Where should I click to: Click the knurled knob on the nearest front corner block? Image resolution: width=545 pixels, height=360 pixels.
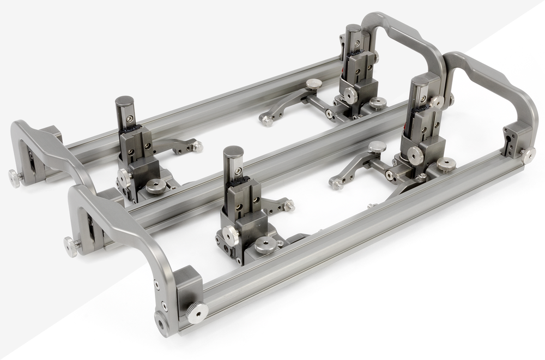[x=197, y=311]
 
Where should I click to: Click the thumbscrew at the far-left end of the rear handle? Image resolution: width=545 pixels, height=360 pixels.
[x=14, y=178]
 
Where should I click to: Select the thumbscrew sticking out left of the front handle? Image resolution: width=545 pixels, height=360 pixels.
[x=71, y=247]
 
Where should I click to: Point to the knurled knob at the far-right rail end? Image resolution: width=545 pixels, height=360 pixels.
[x=528, y=155]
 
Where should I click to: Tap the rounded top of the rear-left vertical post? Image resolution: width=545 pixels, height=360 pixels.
[x=125, y=103]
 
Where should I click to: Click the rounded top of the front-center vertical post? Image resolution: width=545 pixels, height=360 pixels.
[x=233, y=152]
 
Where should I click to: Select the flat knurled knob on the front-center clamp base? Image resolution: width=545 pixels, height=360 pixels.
[x=265, y=245]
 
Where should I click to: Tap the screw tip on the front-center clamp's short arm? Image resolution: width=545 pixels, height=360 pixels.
[x=290, y=206]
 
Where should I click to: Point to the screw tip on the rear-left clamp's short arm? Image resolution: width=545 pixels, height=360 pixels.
[x=198, y=146]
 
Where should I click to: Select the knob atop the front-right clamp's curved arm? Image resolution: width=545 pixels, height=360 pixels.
[x=377, y=147]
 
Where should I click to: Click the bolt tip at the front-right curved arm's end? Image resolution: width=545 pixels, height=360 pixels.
[x=336, y=184]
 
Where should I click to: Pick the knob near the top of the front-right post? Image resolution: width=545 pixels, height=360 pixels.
[x=437, y=102]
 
